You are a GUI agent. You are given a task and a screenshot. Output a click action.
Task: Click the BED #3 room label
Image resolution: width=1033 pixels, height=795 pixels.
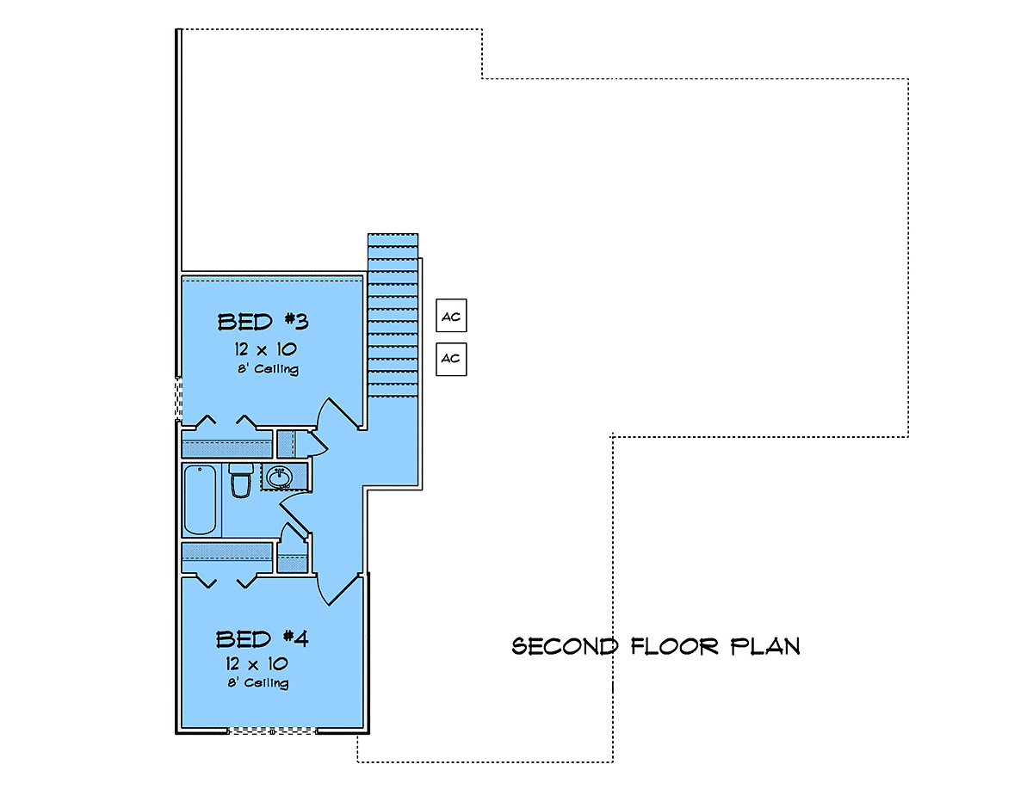click(263, 322)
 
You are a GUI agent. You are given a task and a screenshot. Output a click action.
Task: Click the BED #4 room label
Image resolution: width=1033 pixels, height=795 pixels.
click(262, 638)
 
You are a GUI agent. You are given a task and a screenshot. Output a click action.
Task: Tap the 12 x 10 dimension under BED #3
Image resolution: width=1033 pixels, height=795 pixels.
click(265, 349)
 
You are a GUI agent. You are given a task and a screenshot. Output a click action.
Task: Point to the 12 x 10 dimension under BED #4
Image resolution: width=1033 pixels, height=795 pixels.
click(257, 663)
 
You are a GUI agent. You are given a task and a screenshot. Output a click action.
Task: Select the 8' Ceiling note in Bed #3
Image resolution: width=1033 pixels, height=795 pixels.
click(268, 369)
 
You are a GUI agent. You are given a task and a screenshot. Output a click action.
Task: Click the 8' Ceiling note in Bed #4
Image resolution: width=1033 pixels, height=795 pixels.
click(258, 683)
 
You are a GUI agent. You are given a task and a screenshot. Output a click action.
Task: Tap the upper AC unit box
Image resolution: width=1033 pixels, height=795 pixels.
click(451, 316)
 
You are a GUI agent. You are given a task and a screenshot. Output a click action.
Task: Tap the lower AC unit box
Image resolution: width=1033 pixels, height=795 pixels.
click(451, 359)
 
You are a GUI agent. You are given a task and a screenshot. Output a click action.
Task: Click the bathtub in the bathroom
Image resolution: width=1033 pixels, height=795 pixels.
click(200, 500)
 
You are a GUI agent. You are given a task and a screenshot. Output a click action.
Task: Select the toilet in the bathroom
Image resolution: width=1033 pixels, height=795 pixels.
click(241, 480)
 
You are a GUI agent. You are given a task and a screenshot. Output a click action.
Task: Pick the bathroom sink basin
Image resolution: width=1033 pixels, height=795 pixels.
click(280, 478)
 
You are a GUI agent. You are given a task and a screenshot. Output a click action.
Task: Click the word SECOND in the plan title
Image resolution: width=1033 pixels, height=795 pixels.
click(565, 646)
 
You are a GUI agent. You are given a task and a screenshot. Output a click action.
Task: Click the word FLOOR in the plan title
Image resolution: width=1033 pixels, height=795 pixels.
click(675, 646)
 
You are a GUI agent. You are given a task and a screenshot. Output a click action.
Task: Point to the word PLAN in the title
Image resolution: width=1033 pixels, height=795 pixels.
click(765, 646)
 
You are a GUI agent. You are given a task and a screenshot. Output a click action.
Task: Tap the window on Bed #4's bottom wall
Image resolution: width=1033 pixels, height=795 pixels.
click(272, 730)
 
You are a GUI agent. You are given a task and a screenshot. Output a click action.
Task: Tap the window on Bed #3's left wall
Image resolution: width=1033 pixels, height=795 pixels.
click(179, 398)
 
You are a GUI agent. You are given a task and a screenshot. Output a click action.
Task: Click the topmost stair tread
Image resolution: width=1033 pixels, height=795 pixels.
click(393, 240)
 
